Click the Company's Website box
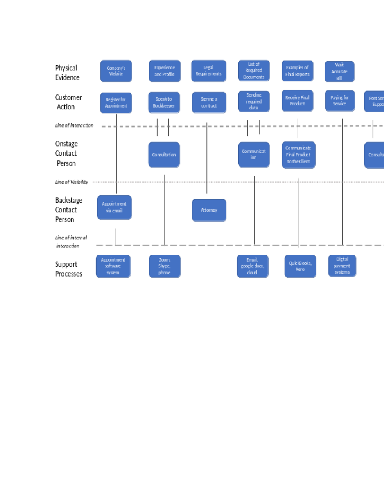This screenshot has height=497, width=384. (116, 71)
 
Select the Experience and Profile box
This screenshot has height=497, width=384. (164, 71)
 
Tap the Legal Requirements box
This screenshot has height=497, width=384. (209, 71)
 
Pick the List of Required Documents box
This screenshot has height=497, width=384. (254, 71)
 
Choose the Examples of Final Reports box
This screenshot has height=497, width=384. (297, 71)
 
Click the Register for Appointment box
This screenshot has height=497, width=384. (116, 103)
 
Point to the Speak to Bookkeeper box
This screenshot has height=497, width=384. (164, 102)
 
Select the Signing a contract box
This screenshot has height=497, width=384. (209, 102)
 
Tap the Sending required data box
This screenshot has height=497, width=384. (254, 101)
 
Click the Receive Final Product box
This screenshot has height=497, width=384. (297, 101)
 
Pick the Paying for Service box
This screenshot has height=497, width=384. (340, 101)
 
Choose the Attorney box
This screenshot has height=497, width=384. (209, 210)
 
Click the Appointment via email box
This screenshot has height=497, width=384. (114, 207)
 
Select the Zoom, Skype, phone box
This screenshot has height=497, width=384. (164, 266)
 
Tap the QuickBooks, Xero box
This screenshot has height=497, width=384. (300, 266)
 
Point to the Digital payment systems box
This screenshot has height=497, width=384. (342, 266)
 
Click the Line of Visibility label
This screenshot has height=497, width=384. (71, 182)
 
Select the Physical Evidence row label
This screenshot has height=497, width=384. (67, 73)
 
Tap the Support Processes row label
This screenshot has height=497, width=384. (68, 269)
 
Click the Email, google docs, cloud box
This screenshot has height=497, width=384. (252, 266)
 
